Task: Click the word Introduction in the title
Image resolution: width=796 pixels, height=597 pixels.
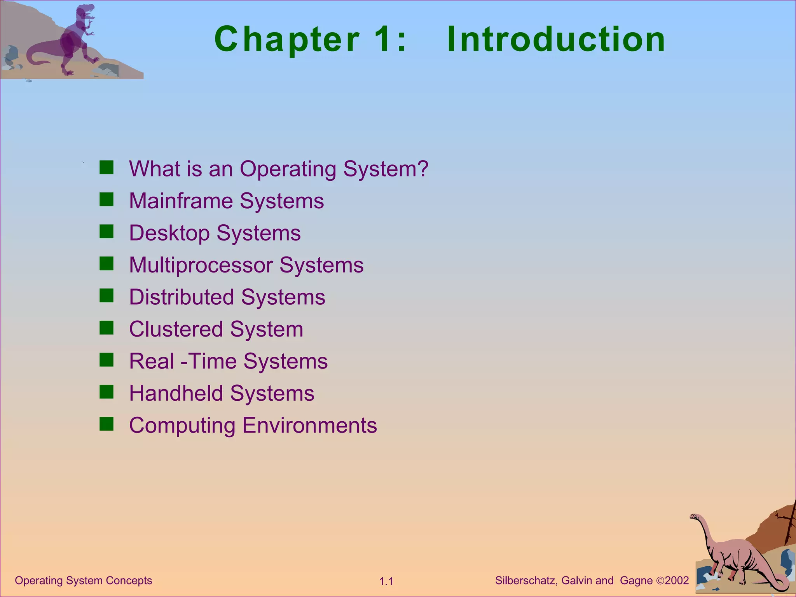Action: [556, 39]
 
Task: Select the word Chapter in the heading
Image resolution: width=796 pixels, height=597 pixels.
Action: [287, 40]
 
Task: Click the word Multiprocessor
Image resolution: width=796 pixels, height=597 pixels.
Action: [201, 265]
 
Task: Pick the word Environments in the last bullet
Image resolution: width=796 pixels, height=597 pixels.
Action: [310, 425]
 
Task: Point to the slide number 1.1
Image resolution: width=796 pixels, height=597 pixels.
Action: [386, 581]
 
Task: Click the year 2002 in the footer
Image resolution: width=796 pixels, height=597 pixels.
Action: [677, 581]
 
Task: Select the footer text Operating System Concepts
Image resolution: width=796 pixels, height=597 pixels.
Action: [84, 581]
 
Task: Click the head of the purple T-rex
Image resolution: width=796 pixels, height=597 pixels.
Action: [86, 12]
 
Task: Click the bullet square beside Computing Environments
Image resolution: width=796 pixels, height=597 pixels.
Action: [106, 424]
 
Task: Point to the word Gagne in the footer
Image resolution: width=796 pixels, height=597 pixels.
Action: [636, 581]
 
